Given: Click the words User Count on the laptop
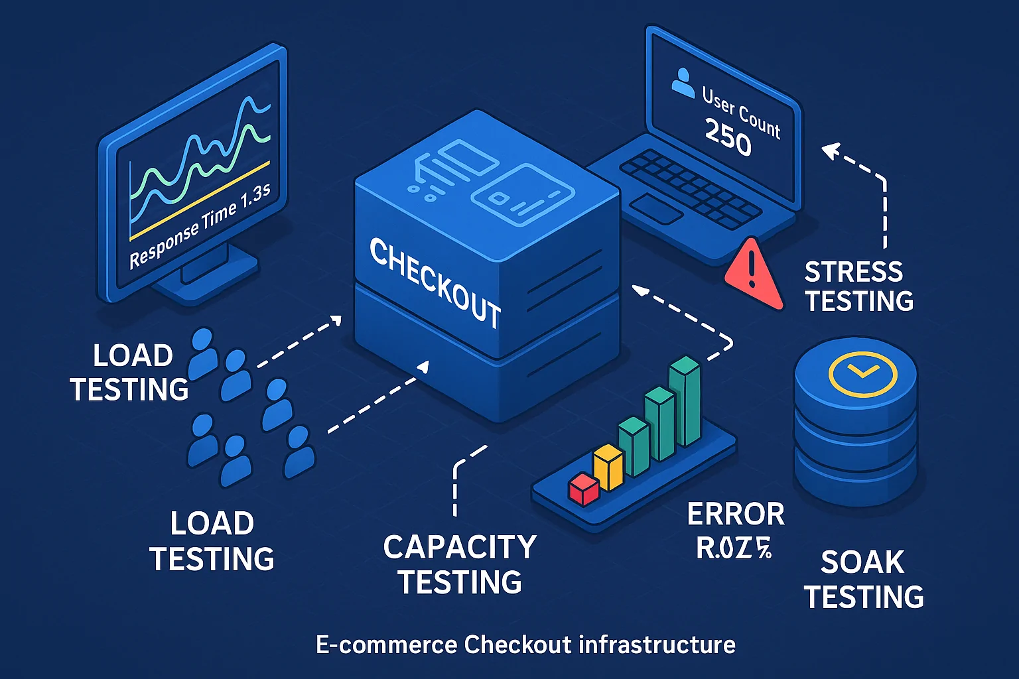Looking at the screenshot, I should (x=741, y=113).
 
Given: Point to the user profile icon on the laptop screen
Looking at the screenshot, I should (x=682, y=83).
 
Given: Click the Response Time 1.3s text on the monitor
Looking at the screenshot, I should (x=200, y=226).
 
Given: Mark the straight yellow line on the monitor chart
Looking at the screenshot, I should (x=199, y=200).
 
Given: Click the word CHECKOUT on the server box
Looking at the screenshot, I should (x=435, y=282).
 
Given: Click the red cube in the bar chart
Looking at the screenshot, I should (x=584, y=489).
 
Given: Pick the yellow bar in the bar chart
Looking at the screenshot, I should (x=608, y=467).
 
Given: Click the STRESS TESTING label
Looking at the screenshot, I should (x=858, y=286).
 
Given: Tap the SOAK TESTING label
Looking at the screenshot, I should (x=863, y=580).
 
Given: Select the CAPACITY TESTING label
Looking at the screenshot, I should (x=460, y=564).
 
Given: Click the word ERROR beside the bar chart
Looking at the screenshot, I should (x=736, y=515).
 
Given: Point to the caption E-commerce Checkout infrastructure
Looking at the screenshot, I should (x=525, y=645).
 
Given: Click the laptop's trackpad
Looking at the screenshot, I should (x=655, y=209).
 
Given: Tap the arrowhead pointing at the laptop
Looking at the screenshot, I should (x=829, y=151).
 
